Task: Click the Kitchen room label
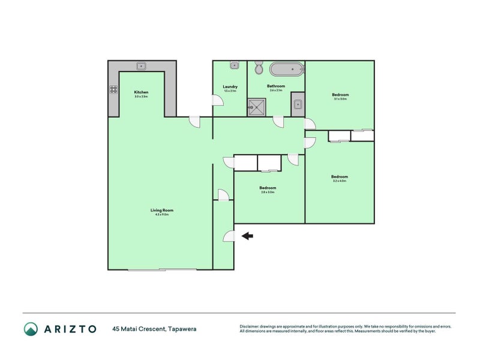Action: (141, 92)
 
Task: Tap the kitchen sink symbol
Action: (142, 66)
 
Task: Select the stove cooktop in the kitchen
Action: (113, 90)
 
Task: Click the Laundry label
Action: (230, 86)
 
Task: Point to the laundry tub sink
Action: (235, 65)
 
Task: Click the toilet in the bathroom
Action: (259, 68)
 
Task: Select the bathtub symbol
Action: (287, 69)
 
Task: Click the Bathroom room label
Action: (276, 86)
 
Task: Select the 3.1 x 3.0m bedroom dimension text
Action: (340, 99)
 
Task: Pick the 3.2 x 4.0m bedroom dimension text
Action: (340, 181)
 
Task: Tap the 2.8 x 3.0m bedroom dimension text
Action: (268, 192)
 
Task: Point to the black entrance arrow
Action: (247, 236)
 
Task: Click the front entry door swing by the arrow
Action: (229, 236)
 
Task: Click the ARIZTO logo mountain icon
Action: (31, 328)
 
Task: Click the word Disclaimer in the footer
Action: (250, 326)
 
